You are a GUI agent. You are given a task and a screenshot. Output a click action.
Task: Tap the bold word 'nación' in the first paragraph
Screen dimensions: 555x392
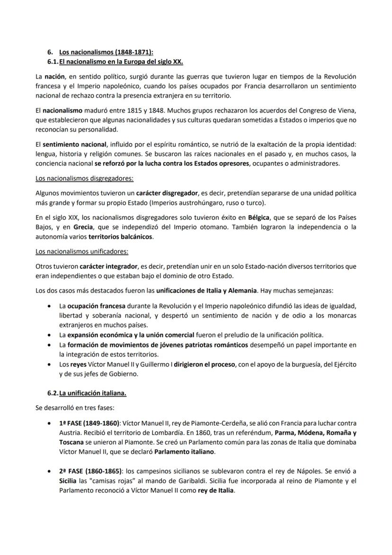[55, 76]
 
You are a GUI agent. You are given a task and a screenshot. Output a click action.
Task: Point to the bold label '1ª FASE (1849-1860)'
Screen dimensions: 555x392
[89, 423]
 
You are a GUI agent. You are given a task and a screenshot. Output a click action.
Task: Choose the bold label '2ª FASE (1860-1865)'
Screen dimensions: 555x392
[90, 472]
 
